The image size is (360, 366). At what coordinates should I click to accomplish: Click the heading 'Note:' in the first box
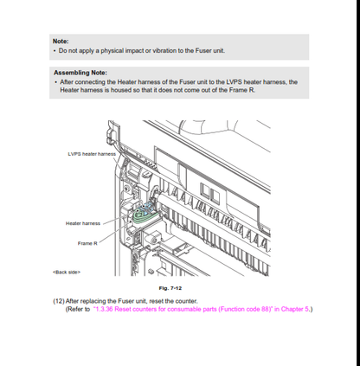61,42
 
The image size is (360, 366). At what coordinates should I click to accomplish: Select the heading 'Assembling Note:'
80,73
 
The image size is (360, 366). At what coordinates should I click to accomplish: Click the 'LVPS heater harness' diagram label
92,154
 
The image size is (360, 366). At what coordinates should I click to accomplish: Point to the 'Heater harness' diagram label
83,223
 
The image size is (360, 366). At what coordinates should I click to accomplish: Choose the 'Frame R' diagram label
87,243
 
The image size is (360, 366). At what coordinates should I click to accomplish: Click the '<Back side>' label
67,273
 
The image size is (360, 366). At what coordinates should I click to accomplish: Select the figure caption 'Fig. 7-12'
170,288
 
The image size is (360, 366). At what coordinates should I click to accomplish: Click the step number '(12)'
59,301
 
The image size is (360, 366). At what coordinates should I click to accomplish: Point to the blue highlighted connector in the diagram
149,208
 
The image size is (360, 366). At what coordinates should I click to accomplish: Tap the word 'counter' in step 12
186,301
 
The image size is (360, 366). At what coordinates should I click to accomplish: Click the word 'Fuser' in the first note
203,50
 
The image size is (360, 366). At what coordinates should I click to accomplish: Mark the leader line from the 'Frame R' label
115,232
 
